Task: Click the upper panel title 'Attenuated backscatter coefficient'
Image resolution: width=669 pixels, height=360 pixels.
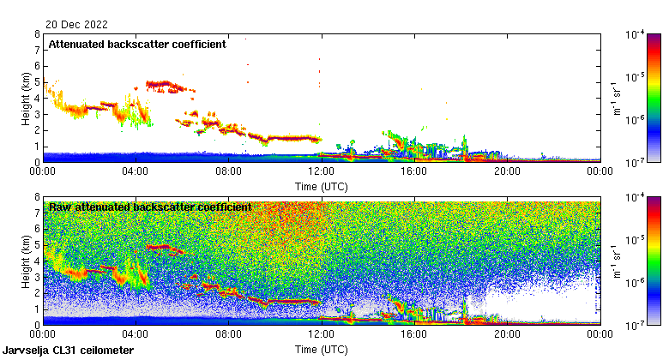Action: click(137, 44)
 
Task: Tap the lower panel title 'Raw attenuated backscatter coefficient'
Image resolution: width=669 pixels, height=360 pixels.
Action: click(150, 207)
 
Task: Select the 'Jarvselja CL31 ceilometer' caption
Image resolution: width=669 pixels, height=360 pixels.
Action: click(68, 351)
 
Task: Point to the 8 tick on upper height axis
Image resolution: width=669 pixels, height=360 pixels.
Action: click(36, 34)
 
